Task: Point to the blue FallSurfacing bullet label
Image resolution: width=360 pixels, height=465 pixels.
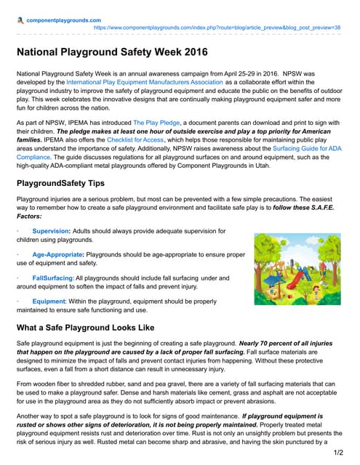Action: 52,278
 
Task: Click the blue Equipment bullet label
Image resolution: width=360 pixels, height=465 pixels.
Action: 49,302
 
